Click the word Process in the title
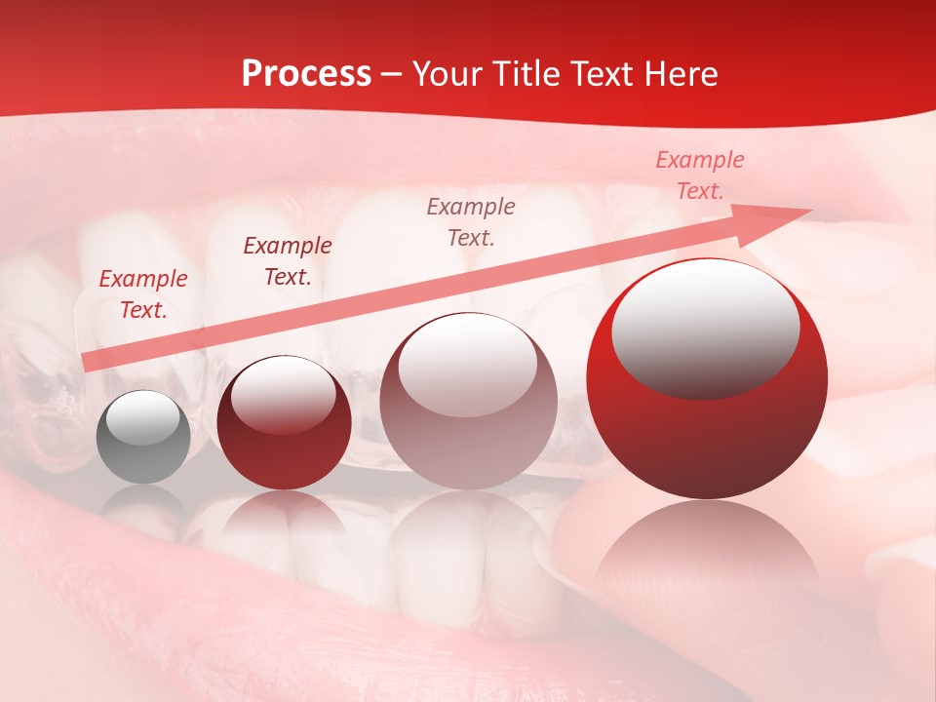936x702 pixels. tap(306, 74)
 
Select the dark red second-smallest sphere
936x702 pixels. tap(284, 424)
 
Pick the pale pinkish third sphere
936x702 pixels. tap(468, 401)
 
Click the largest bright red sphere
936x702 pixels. tap(707, 380)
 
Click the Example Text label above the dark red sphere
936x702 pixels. tap(288, 261)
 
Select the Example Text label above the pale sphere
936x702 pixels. tap(471, 221)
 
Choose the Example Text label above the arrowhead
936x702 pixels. tap(699, 175)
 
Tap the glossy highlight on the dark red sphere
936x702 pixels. tap(283, 394)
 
